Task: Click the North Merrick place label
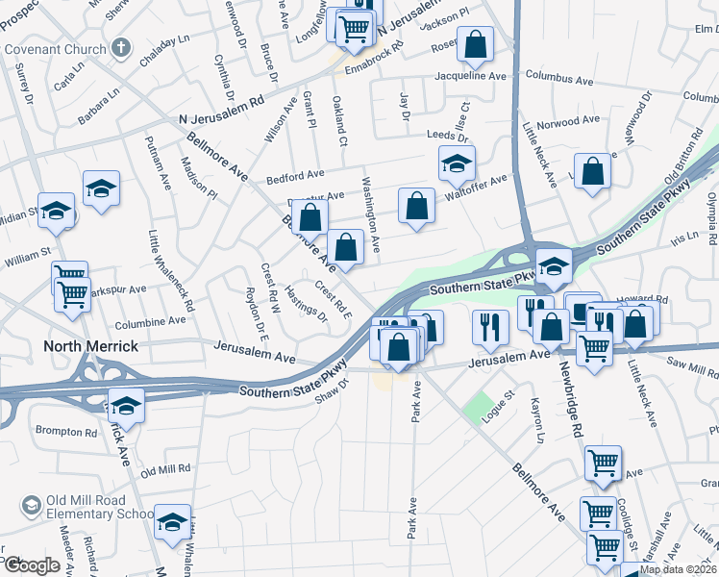(x=90, y=346)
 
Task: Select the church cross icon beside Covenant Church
(x=120, y=46)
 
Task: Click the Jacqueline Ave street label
(x=470, y=75)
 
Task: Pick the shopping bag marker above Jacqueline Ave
(x=475, y=44)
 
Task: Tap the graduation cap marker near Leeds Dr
(x=457, y=163)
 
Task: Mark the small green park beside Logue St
(x=477, y=409)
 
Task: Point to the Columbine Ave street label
(x=150, y=323)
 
